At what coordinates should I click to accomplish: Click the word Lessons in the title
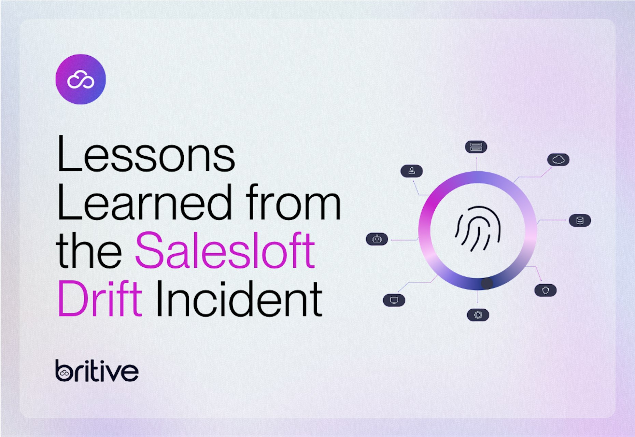tap(146, 154)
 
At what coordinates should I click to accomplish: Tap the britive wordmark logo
tap(97, 371)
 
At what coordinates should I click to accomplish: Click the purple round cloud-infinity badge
tap(81, 79)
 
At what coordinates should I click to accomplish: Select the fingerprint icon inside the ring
tap(478, 228)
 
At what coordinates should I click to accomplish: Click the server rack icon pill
tap(476, 147)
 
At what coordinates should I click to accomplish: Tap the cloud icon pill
tap(558, 160)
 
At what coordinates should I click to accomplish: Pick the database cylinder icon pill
tap(580, 221)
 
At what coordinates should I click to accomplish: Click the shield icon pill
tap(546, 290)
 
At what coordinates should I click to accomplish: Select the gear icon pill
tap(478, 315)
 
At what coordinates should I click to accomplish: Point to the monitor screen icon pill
tap(394, 300)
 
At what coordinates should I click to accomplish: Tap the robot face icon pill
tap(377, 239)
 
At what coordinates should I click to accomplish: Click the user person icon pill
tap(412, 171)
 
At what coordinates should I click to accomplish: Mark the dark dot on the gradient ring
tap(487, 283)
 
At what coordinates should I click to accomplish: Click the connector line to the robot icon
tap(405, 240)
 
